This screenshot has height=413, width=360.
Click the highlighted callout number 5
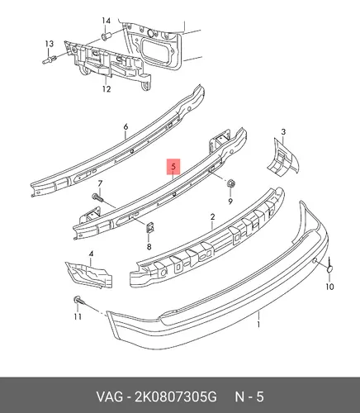173,167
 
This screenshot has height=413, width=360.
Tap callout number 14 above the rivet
106,21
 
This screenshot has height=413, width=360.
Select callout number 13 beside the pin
50,44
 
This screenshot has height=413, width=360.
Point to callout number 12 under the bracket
107,89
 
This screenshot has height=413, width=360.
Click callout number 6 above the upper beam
126,127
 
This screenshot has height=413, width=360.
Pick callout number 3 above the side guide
283,132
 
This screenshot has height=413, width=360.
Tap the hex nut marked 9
230,183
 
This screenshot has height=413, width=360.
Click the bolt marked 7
97,197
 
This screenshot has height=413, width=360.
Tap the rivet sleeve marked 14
106,36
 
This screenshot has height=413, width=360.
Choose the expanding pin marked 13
50,59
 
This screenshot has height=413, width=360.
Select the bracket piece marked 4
88,275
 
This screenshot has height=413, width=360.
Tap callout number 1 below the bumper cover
258,325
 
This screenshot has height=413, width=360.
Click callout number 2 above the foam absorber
212,217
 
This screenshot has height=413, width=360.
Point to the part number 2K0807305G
176,396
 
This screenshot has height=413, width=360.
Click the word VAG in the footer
110,396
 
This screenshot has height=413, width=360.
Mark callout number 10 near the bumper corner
329,287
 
